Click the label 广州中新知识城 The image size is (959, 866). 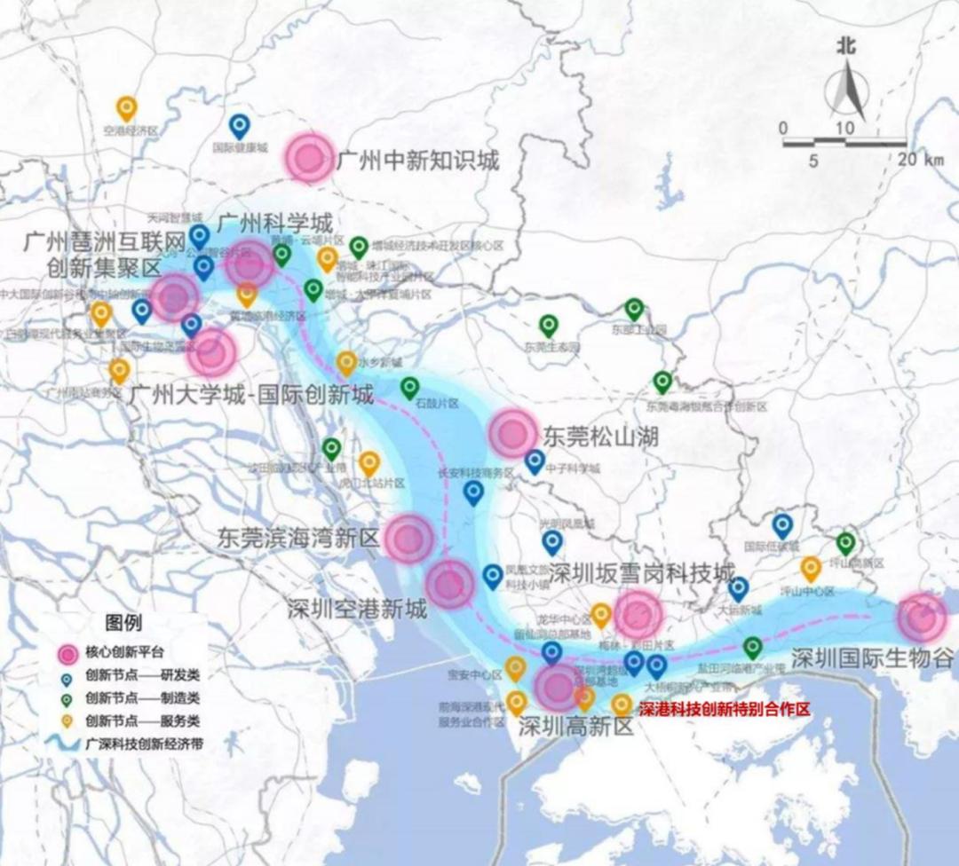(417, 161)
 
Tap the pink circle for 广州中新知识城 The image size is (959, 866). (309, 158)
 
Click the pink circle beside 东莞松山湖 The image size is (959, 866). (513, 434)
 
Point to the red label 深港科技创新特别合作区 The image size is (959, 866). (725, 709)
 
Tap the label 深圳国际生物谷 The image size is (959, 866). (872, 658)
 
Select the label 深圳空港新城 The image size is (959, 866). (357, 610)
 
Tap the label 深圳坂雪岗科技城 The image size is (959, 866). (642, 571)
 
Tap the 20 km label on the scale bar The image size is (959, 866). (921, 160)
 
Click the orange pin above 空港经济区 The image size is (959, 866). (127, 108)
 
